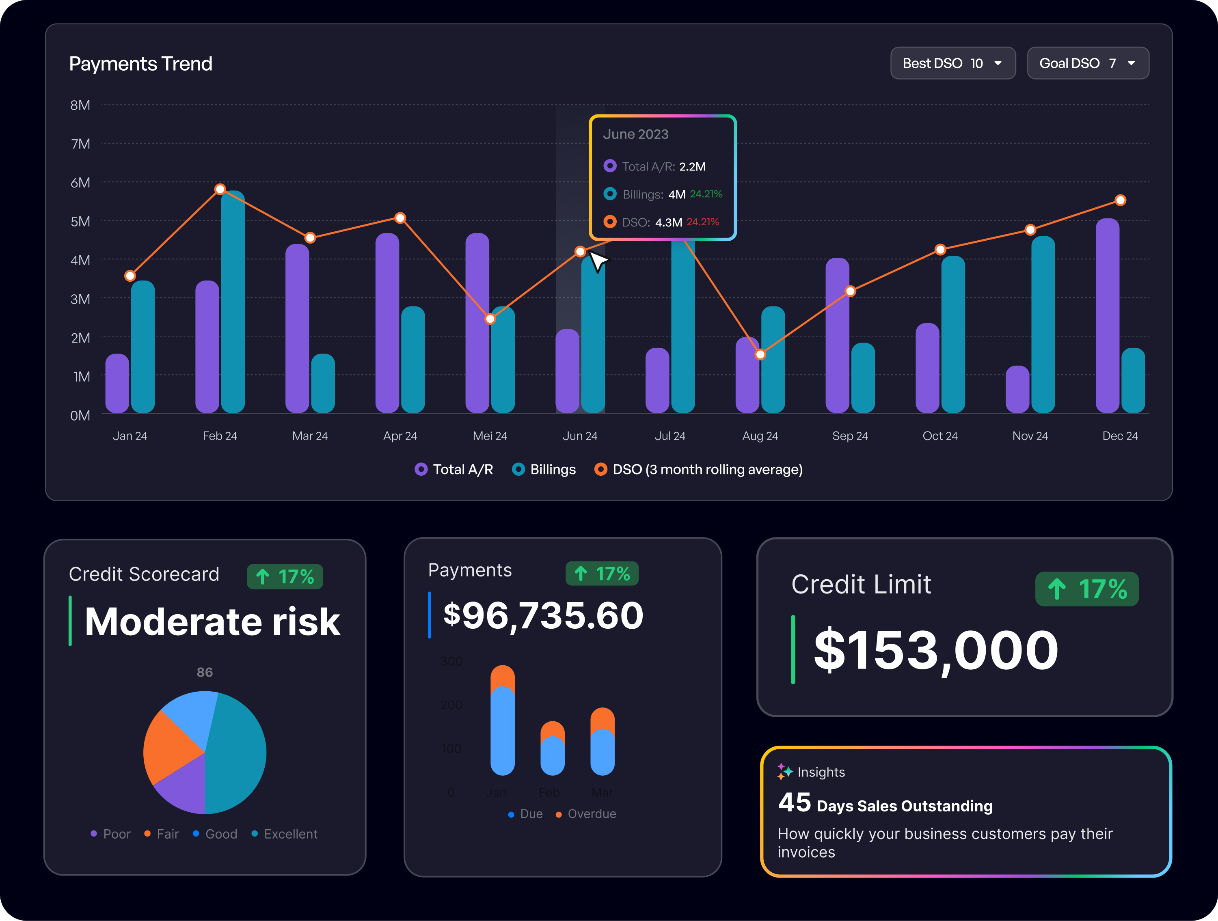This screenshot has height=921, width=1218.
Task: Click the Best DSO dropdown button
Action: [x=952, y=63]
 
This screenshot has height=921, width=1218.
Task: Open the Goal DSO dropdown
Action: [x=1088, y=63]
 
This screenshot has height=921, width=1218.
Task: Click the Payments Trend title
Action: [x=140, y=64]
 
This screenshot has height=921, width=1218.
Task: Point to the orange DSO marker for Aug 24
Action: [x=760, y=354]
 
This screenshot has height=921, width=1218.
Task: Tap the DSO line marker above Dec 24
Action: [x=1120, y=201]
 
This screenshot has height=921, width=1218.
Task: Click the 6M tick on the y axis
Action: [x=80, y=183]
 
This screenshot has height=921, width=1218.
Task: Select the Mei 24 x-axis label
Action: [x=490, y=436]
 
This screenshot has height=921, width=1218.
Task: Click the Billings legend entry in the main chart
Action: [x=544, y=470]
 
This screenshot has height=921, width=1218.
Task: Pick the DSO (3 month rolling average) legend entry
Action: [x=699, y=470]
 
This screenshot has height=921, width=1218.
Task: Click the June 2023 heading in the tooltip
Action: [x=635, y=134]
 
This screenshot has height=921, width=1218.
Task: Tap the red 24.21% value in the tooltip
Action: [x=703, y=222]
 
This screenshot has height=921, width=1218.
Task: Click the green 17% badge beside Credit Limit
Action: [x=1086, y=589]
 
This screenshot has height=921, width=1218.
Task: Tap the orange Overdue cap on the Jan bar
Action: [x=502, y=676]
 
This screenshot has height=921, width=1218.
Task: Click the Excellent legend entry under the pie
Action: [x=285, y=834]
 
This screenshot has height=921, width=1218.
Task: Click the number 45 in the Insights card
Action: [x=794, y=802]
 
